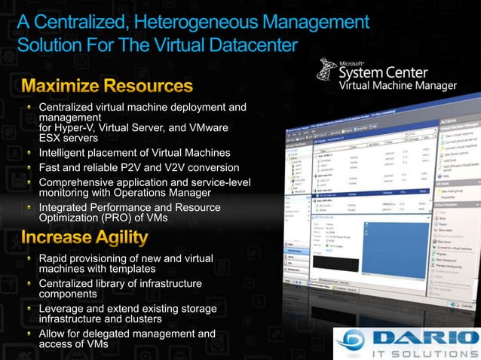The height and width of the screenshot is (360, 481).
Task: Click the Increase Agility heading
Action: coord(84,238)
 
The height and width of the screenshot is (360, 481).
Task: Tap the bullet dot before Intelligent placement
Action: coord(29,152)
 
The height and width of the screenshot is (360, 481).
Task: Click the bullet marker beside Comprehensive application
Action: coord(29,182)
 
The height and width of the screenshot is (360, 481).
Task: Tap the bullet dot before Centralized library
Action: coord(29,284)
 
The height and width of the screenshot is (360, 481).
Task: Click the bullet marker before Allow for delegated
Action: coord(29,334)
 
